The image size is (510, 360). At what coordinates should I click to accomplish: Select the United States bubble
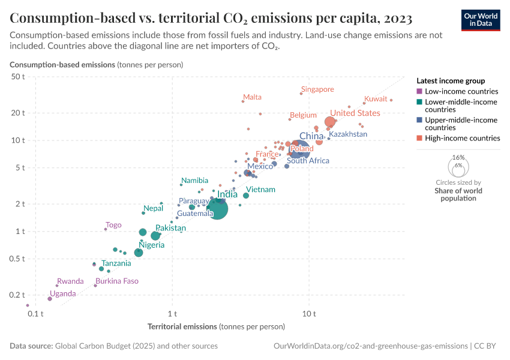pos(329,122)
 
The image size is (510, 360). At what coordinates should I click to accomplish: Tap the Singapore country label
pos(317,89)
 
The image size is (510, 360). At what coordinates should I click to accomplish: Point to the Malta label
pos(252,97)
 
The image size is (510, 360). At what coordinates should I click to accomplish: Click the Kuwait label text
pos(376,99)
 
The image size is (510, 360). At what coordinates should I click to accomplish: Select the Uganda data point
pos(50,298)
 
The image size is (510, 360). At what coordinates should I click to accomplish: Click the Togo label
pos(113,225)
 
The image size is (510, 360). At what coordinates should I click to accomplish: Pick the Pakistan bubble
pos(155,236)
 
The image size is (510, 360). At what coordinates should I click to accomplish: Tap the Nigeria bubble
pos(139,253)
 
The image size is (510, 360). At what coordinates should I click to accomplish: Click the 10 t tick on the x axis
pos(310,314)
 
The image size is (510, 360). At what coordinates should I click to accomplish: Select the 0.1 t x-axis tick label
pos(35,314)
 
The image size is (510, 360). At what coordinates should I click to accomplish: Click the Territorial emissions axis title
pos(215,327)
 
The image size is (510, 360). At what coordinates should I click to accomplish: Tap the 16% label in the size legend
pos(458,157)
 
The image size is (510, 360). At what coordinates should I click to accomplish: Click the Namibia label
pos(195,181)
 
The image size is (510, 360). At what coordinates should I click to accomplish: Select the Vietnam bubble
pos(246,196)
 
